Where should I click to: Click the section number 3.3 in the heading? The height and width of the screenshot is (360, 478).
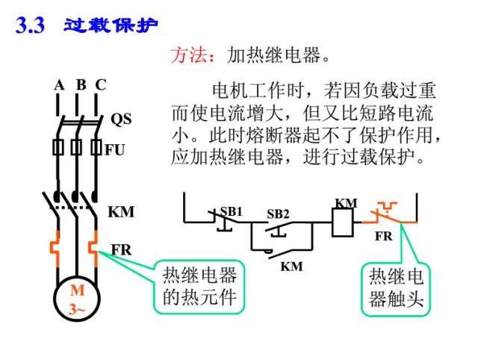31,26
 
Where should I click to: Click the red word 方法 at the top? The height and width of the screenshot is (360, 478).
187,56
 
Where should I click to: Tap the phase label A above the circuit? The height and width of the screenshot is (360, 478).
58,85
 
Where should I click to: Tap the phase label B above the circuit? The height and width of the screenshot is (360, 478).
80,85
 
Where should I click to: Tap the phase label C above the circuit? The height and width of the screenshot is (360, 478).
100,85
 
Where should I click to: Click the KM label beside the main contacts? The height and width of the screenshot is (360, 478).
121,212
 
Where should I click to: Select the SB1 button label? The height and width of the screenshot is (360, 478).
232,211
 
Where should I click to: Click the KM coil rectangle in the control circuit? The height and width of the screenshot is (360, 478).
341,221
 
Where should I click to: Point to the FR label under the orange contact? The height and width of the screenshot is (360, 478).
383,236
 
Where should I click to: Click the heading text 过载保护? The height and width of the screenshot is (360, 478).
111,25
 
